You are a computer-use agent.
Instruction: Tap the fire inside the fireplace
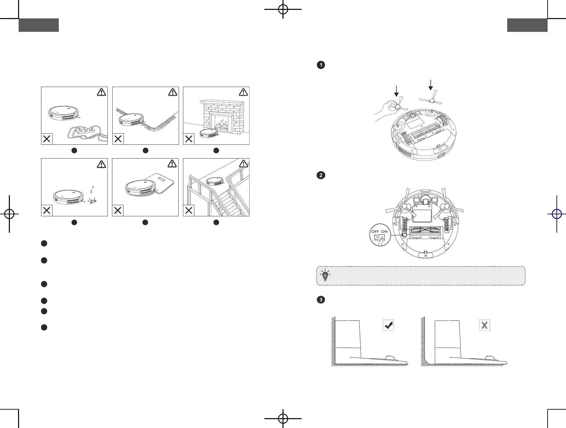coord(222,125)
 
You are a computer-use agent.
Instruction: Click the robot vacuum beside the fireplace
coord(209,132)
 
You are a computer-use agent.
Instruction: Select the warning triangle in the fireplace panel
coord(243,92)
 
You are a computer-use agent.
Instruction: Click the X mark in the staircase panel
coord(189,210)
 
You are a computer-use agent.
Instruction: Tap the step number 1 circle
coord(321,65)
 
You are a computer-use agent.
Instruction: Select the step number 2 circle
coord(321,175)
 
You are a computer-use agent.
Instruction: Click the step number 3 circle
coord(321,299)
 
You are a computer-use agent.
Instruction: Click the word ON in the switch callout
coord(384,231)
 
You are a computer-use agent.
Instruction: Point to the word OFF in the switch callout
coord(375,231)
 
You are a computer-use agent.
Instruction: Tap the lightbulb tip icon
coord(325,276)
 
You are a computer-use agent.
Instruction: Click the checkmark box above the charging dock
coord(389,325)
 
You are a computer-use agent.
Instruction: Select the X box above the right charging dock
coord(485,325)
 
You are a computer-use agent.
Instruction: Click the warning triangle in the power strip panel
coord(102,92)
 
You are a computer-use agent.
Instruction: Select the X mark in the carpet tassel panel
coord(118,139)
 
